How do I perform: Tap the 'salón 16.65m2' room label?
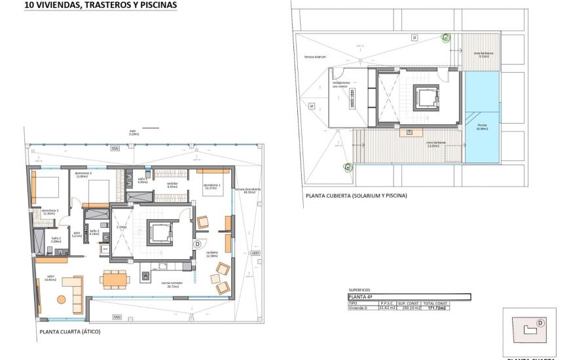click(50, 278)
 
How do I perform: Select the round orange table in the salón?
click(62, 300)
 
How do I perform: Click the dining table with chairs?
click(115, 279)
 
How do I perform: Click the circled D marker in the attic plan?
click(196, 243)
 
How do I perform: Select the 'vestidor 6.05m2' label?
click(172, 185)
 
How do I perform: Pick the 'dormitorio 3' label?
click(83, 175)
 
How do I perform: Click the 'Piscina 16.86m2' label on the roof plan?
click(482, 127)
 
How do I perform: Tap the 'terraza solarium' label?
click(315, 57)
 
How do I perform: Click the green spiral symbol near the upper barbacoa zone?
click(447, 38)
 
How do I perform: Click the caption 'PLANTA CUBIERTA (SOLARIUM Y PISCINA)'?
click(356, 196)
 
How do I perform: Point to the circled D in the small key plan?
click(541, 322)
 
